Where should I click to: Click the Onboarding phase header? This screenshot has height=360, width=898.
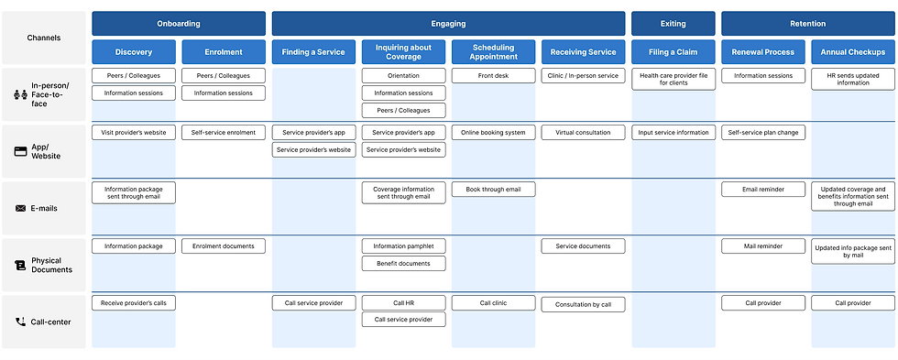point(179,24)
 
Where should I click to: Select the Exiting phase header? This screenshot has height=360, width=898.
point(673,24)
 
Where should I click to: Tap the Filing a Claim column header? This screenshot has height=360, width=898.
point(673,52)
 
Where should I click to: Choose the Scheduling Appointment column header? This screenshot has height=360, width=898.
point(493,52)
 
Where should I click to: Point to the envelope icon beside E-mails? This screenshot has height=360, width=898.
point(21,208)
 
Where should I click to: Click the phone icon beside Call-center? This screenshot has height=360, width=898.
point(21,322)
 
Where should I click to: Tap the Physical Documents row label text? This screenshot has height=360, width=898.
point(53,265)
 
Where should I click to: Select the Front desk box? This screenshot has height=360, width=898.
point(493,76)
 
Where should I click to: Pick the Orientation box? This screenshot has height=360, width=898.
point(403,76)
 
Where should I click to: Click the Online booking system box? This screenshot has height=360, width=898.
point(493,133)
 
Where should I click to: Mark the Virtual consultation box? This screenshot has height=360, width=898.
point(583,133)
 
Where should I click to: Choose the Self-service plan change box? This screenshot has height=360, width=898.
point(762,133)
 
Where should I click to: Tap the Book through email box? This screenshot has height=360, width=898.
point(493,190)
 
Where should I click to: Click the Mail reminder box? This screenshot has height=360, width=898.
point(762,246)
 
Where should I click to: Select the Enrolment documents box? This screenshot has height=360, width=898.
point(224,246)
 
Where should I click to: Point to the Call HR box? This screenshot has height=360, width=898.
point(403,303)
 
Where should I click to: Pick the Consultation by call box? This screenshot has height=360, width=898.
point(583,304)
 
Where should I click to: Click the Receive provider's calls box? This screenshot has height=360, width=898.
point(134,303)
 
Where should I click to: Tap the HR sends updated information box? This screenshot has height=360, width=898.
point(852,79)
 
